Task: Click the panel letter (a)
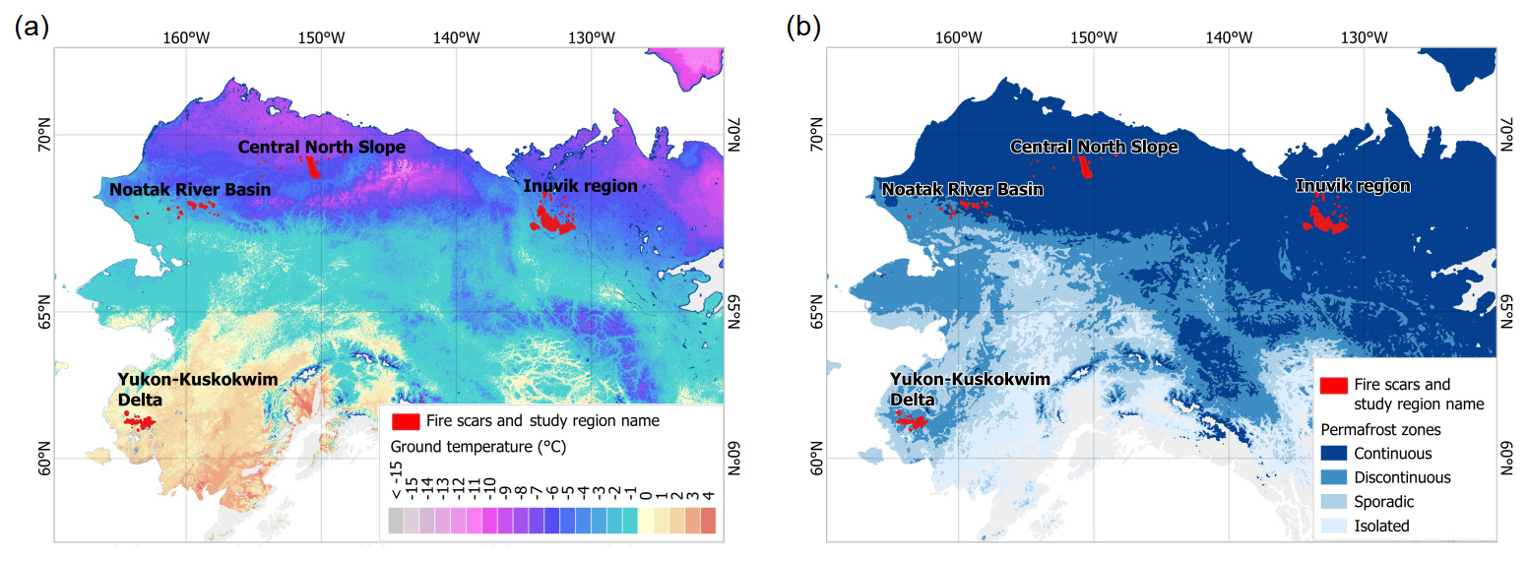[32, 27]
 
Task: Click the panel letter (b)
[803, 27]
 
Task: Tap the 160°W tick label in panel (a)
[186, 37]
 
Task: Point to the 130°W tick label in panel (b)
[1364, 37]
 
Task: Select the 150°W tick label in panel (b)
[1094, 37]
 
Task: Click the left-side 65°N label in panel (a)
[44, 312]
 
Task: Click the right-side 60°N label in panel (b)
[1507, 458]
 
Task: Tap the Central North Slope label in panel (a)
[321, 147]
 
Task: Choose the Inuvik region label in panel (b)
[1353, 186]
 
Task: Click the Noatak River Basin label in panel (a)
[190, 190]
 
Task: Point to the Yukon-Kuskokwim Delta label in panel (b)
[970, 389]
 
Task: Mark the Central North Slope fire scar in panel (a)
[312, 166]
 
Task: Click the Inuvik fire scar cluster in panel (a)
[551, 219]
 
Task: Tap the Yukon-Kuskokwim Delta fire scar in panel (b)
[912, 422]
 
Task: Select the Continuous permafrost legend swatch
[1334, 454]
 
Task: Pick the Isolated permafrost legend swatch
[1334, 526]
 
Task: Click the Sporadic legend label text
[1384, 502]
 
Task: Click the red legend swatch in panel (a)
[406, 421]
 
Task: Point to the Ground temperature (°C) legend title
[478, 447]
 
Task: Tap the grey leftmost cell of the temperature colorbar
[396, 520]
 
